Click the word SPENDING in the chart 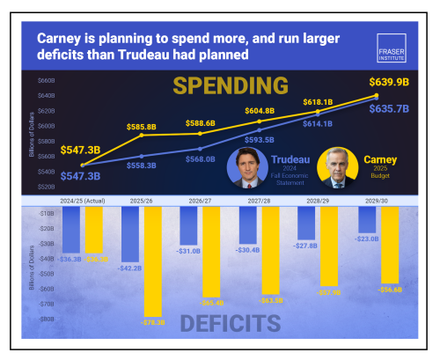[x=230, y=85]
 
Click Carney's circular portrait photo [x=339, y=167]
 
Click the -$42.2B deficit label [x=129, y=268]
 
